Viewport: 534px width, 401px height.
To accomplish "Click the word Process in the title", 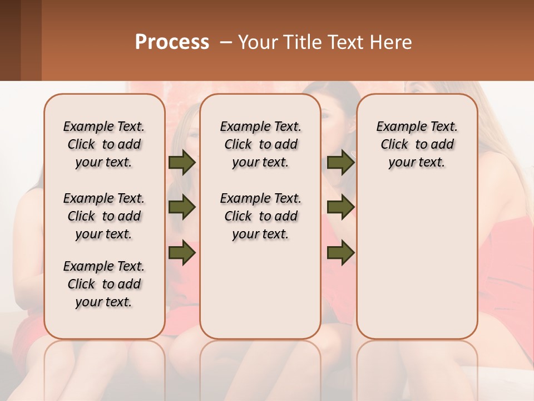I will pos(172,42).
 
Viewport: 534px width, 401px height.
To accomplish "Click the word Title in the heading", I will pos(301,42).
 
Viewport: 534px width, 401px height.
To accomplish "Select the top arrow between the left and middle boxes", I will pos(182,162).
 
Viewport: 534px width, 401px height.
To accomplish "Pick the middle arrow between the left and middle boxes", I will pos(182,208).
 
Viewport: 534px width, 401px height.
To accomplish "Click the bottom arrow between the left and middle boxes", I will pos(182,253).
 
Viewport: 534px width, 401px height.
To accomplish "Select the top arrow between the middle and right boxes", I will pos(341,162).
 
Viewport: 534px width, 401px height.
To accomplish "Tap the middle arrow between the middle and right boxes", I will pos(341,208).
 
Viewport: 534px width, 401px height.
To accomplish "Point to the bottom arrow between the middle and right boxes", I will pos(341,253).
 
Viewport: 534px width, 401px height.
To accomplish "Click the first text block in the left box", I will pos(104,144).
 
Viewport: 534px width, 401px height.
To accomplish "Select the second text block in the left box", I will pos(104,216).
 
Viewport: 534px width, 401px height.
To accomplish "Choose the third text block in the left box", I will pos(104,284).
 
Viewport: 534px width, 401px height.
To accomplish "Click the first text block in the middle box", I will pos(260,144).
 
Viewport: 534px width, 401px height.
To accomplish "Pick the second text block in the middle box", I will pos(260,216).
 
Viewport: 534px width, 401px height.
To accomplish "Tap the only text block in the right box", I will pos(417,144).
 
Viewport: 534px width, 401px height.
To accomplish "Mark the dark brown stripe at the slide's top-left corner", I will pos(10,40).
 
